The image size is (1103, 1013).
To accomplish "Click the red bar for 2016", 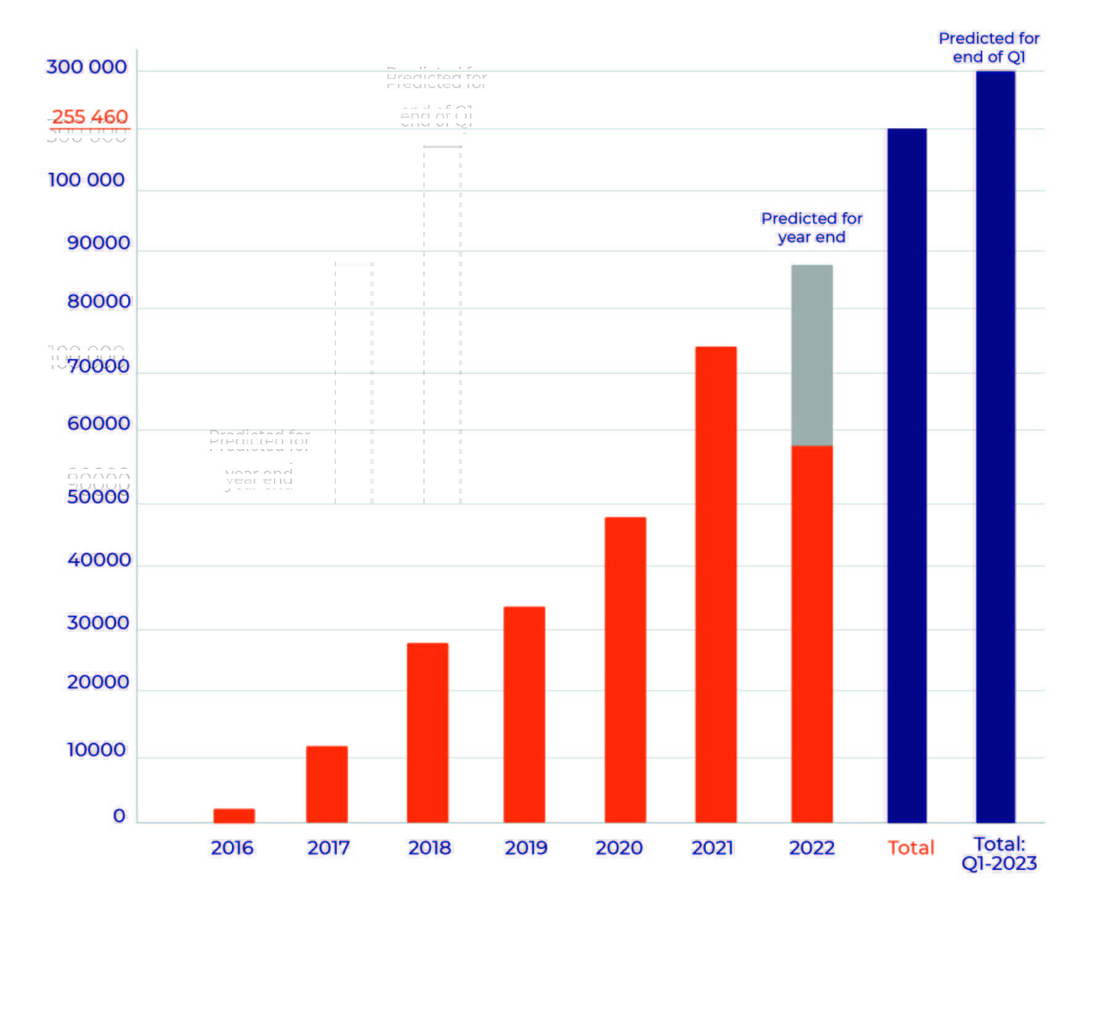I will pos(234,815).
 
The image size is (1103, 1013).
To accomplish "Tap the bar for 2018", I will pos(428,732).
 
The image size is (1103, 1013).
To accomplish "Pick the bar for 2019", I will pos(524,714).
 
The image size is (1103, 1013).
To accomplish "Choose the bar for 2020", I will pos(625,669).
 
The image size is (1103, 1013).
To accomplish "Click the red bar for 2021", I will pos(716,584).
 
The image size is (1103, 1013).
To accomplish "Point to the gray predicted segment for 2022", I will pos(812,355).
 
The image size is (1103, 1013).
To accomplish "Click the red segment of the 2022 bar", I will pos(812,634).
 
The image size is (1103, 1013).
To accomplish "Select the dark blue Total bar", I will pos(907,475).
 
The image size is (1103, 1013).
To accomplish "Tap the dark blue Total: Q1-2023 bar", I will pos(995,447).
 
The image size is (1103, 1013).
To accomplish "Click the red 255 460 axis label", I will pos(89,117).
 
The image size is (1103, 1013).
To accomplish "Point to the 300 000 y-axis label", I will pos(87,67).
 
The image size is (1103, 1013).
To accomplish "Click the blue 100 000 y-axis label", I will pos(86,180).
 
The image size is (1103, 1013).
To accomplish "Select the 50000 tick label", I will pos(98,497).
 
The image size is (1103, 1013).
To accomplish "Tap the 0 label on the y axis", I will pos(119,816).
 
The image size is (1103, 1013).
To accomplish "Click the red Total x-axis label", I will pos(911,848).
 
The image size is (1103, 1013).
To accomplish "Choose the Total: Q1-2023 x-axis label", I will pos(999,854).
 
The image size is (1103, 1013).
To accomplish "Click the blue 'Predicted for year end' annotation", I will pos(811,228).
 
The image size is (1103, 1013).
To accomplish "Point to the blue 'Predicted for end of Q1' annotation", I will pos(989,48).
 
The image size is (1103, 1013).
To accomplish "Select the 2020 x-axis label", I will pos(619,848).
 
